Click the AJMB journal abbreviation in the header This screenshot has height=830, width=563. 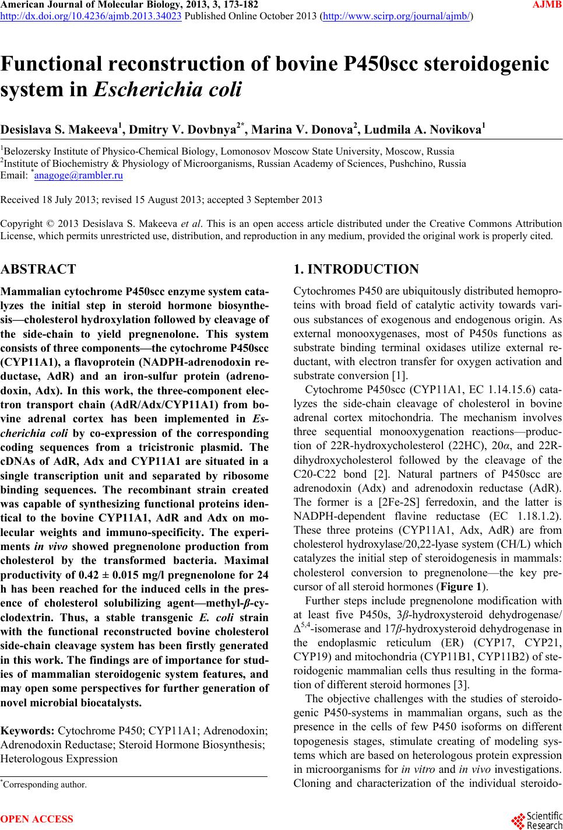click(547, 5)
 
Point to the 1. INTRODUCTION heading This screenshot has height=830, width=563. click(357, 269)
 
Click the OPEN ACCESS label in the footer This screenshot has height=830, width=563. click(37, 819)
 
